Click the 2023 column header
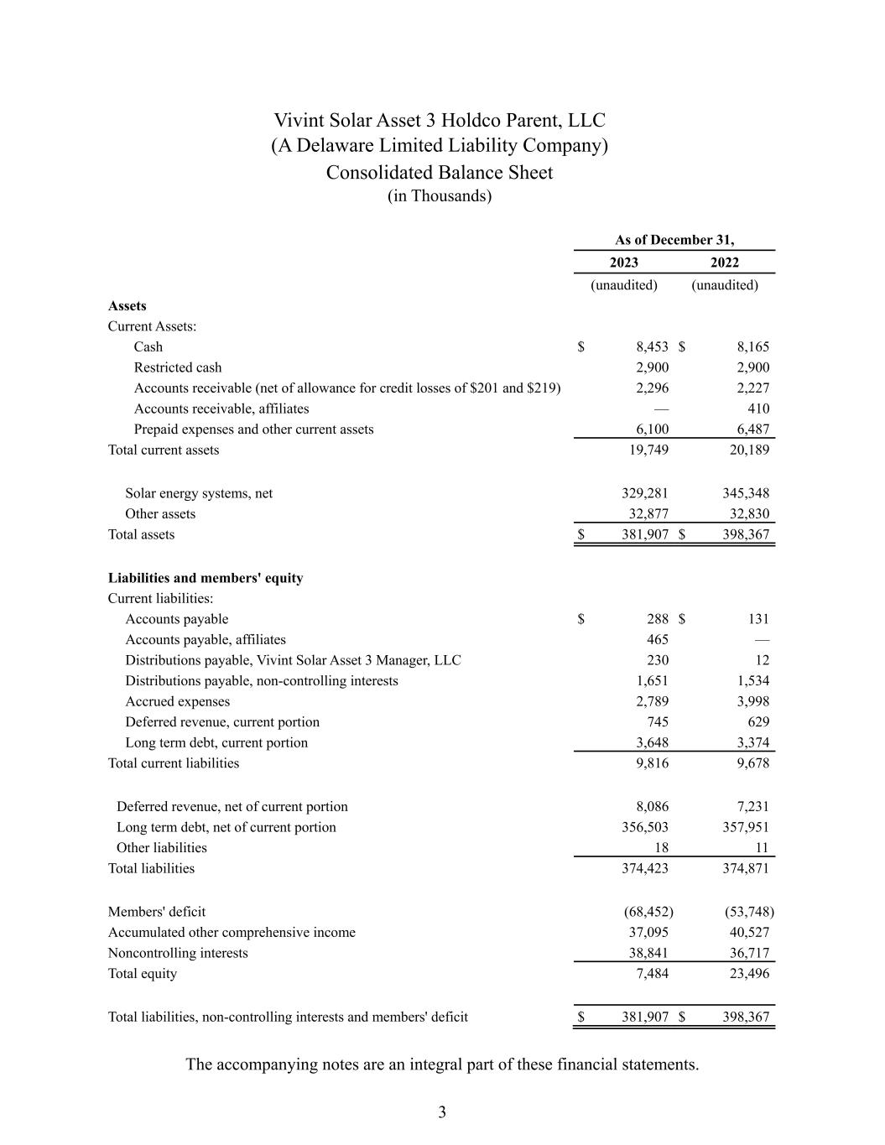pyautogui.click(x=623, y=263)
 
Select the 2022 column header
pyautogui.click(x=724, y=263)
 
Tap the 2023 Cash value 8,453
pyautogui.click(x=652, y=347)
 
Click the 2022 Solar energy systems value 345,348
pyautogui.click(x=746, y=493)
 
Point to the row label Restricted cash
pyautogui.click(x=178, y=367)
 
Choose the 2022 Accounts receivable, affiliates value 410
pyautogui.click(x=758, y=409)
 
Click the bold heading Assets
pyautogui.click(x=128, y=306)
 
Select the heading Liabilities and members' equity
pyautogui.click(x=206, y=578)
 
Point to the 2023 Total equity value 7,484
pyautogui.click(x=652, y=973)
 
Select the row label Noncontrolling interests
pyautogui.click(x=178, y=953)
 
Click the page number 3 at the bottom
pyautogui.click(x=442, y=1113)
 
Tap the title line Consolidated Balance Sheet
pyautogui.click(x=440, y=173)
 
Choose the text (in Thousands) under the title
pyautogui.click(x=440, y=196)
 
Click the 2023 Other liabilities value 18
pyautogui.click(x=661, y=848)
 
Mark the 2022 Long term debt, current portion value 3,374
pyautogui.click(x=752, y=742)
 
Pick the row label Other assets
pyautogui.click(x=160, y=514)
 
